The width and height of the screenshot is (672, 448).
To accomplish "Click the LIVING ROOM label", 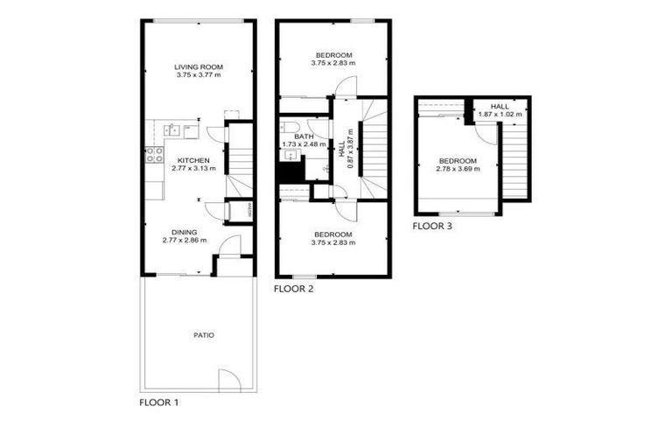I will pyautogui.click(x=199, y=66).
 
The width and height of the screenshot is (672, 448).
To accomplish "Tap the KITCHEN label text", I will pyautogui.click(x=192, y=160).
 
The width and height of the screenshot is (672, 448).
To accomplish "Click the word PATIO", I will pyautogui.click(x=204, y=335).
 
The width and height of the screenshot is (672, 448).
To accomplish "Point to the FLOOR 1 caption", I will pyautogui.click(x=159, y=403).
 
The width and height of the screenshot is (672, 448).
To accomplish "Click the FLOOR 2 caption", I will pyautogui.click(x=293, y=288).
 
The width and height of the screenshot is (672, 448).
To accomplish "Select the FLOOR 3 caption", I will pyautogui.click(x=432, y=226).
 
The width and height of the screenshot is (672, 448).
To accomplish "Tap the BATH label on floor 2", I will pyautogui.click(x=303, y=136).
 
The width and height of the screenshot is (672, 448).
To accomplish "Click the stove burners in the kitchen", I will pyautogui.click(x=153, y=155).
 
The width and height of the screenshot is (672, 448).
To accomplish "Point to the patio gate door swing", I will pyautogui.click(x=228, y=378).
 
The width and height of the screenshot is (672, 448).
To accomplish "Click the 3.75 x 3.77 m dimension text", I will pyautogui.click(x=199, y=76).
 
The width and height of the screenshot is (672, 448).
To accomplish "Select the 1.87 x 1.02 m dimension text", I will pyautogui.click(x=500, y=114).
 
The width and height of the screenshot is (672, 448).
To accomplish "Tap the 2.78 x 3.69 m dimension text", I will pyautogui.click(x=458, y=169).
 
